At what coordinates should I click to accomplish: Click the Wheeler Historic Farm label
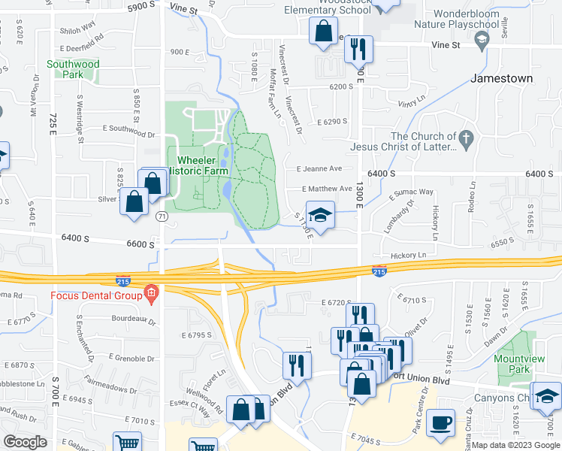coord(202,165)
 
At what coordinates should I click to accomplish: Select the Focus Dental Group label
coord(96,295)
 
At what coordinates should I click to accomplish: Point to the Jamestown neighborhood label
coord(501,78)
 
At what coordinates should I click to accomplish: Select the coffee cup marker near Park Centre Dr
coord(441,422)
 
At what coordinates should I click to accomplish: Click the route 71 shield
coord(162,216)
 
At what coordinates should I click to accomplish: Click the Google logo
coord(26,442)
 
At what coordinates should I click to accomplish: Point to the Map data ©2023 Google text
coord(515,445)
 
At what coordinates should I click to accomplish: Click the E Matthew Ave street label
coord(327,189)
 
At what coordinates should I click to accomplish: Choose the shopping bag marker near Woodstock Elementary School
coord(324,32)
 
